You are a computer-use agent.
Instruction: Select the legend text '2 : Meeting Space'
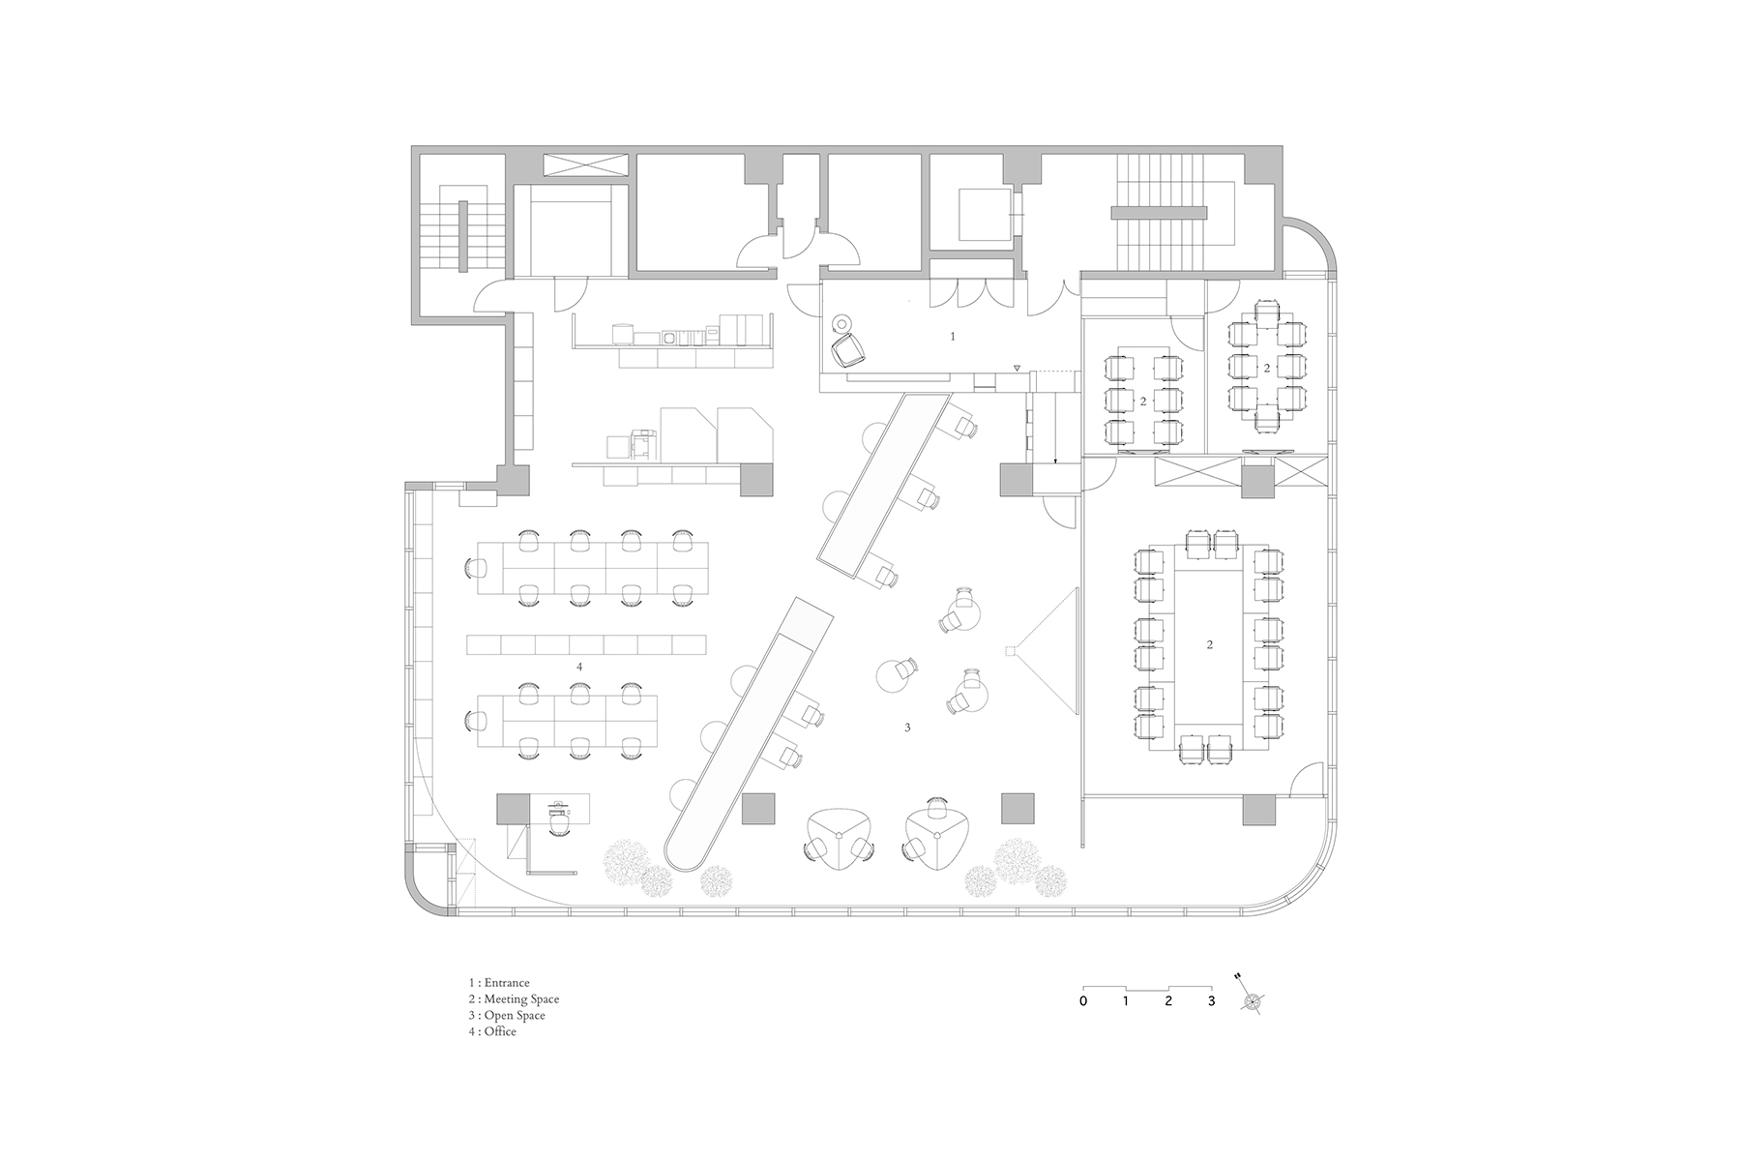click(513, 999)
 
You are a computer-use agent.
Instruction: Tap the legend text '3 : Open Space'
click(506, 1015)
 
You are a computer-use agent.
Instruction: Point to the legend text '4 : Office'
click(491, 1031)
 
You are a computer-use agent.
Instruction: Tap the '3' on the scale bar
click(1211, 1001)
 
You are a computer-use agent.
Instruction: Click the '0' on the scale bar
click(1083, 1001)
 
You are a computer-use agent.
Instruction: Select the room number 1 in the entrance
click(953, 336)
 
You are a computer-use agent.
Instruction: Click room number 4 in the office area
click(579, 667)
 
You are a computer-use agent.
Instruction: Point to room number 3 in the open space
click(907, 728)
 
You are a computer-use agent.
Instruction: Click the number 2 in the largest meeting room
click(1210, 644)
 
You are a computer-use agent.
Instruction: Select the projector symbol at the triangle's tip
click(1010, 650)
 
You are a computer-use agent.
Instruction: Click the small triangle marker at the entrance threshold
click(1017, 369)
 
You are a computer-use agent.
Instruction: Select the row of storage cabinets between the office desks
click(587, 644)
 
